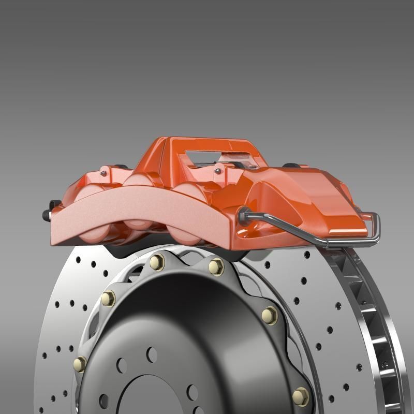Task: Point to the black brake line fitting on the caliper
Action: click(243, 213)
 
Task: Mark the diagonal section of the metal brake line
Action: click(290, 228)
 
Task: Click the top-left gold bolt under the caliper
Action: click(157, 262)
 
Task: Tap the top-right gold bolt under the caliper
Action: click(216, 267)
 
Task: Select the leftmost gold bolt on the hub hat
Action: click(80, 364)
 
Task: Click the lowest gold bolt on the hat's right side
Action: click(300, 396)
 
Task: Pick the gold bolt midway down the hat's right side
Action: click(270, 315)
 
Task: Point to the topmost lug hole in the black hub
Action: click(152, 354)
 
